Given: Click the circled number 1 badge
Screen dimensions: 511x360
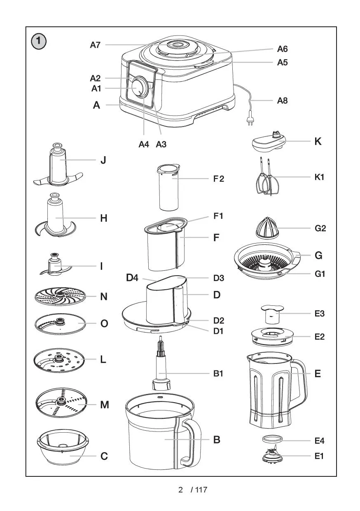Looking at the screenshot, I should (x=39, y=41).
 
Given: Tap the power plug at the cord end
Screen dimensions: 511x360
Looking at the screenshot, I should (x=249, y=120).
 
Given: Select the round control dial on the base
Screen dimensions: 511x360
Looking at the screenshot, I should (x=140, y=87).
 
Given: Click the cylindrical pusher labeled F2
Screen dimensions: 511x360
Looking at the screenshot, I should (x=169, y=188).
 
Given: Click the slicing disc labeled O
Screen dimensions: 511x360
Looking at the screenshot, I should (x=60, y=323).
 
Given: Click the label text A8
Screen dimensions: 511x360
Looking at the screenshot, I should (x=282, y=101).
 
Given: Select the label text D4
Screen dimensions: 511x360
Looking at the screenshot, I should (x=132, y=278).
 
